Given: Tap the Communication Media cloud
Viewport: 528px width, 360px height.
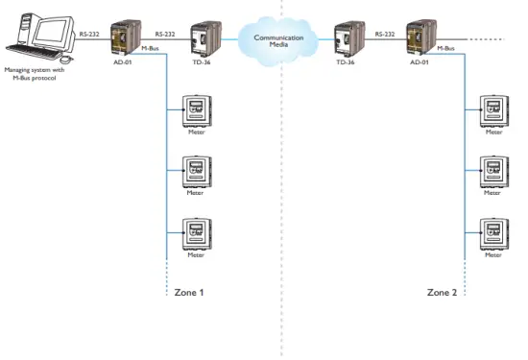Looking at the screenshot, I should tap(278, 39).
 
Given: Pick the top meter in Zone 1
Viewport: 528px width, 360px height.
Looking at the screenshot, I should tap(196, 109).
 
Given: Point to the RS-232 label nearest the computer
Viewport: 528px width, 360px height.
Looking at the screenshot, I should tap(89, 34).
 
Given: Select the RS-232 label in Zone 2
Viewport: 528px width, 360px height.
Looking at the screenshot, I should tap(385, 34).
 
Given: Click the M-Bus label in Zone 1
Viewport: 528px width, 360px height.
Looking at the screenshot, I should tap(150, 47).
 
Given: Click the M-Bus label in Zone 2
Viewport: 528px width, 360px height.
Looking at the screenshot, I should tap(445, 47).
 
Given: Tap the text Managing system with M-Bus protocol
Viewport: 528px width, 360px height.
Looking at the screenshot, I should tap(34, 73).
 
